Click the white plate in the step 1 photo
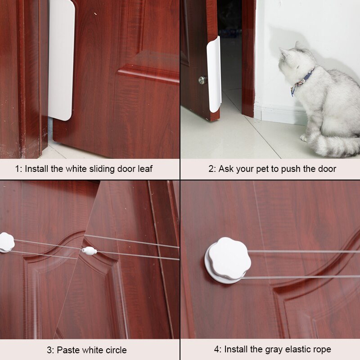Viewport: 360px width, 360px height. point(61,61)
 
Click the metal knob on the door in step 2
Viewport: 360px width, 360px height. point(202,80)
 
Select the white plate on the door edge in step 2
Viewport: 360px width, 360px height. point(215,74)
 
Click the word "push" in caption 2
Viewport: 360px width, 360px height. point(296,169)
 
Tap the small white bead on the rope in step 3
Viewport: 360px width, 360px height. point(89,251)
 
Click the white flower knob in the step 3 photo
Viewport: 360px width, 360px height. point(6,242)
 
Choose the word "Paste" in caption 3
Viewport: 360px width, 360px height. point(68,350)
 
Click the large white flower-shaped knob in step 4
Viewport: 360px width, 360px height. point(229,259)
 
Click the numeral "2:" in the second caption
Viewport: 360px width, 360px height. point(212,169)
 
